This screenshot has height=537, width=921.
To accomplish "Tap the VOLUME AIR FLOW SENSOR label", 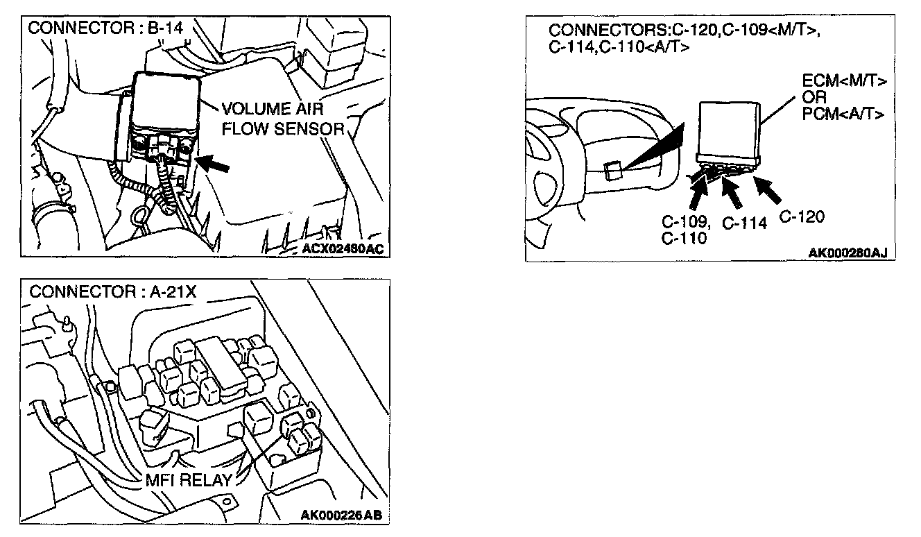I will (x=283, y=119).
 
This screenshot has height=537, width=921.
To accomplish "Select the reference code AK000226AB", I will (x=342, y=514).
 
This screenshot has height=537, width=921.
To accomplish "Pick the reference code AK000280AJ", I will (x=847, y=253).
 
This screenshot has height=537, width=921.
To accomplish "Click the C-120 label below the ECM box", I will (x=802, y=217).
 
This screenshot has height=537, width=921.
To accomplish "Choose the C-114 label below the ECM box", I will (x=744, y=223).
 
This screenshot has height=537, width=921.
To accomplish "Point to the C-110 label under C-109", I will (x=684, y=238).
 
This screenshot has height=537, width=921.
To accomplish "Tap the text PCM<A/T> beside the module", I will (x=843, y=113).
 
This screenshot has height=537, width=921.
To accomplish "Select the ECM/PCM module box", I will (x=730, y=130).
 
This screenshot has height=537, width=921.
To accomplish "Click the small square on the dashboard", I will (x=612, y=171).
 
